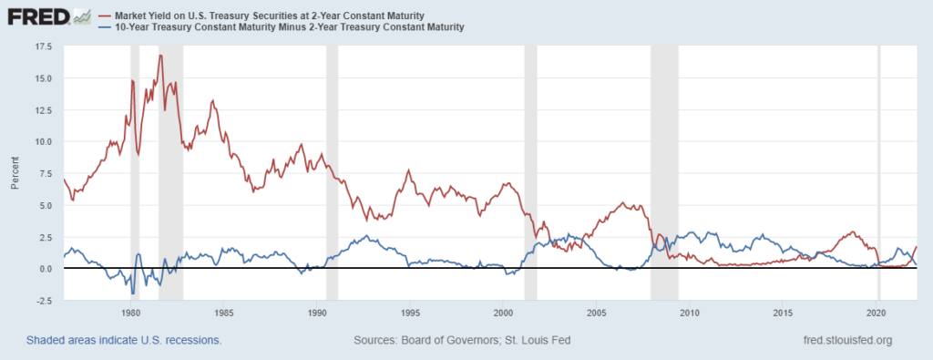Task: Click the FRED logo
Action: click(x=46, y=16)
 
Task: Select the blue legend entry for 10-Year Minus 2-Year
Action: click(x=286, y=27)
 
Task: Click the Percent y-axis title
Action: click(x=15, y=173)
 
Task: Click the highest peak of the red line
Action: click(x=160, y=56)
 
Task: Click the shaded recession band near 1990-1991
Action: click(x=332, y=173)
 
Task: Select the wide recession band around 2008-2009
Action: click(x=664, y=173)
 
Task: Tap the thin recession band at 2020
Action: click(x=878, y=173)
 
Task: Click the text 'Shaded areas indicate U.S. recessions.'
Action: click(x=124, y=341)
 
